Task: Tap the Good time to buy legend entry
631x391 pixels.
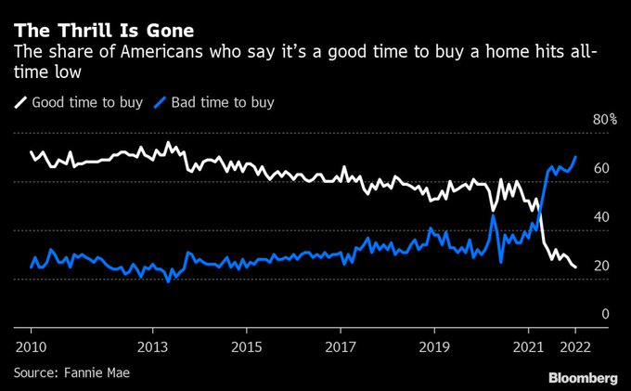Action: (80, 102)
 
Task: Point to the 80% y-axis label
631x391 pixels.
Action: (605, 120)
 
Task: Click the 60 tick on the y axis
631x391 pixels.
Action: (601, 169)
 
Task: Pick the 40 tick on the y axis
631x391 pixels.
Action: (601, 217)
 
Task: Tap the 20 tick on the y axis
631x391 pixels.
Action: (601, 267)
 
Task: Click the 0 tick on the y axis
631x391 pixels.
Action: (605, 315)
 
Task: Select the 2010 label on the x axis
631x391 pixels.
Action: (31, 345)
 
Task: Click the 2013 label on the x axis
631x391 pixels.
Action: (152, 345)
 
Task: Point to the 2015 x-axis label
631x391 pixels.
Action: (246, 345)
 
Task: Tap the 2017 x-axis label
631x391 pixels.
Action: (341, 345)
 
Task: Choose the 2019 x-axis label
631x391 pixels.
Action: (434, 345)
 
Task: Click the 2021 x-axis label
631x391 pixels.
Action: (529, 345)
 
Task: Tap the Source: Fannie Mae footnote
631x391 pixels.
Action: (71, 372)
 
